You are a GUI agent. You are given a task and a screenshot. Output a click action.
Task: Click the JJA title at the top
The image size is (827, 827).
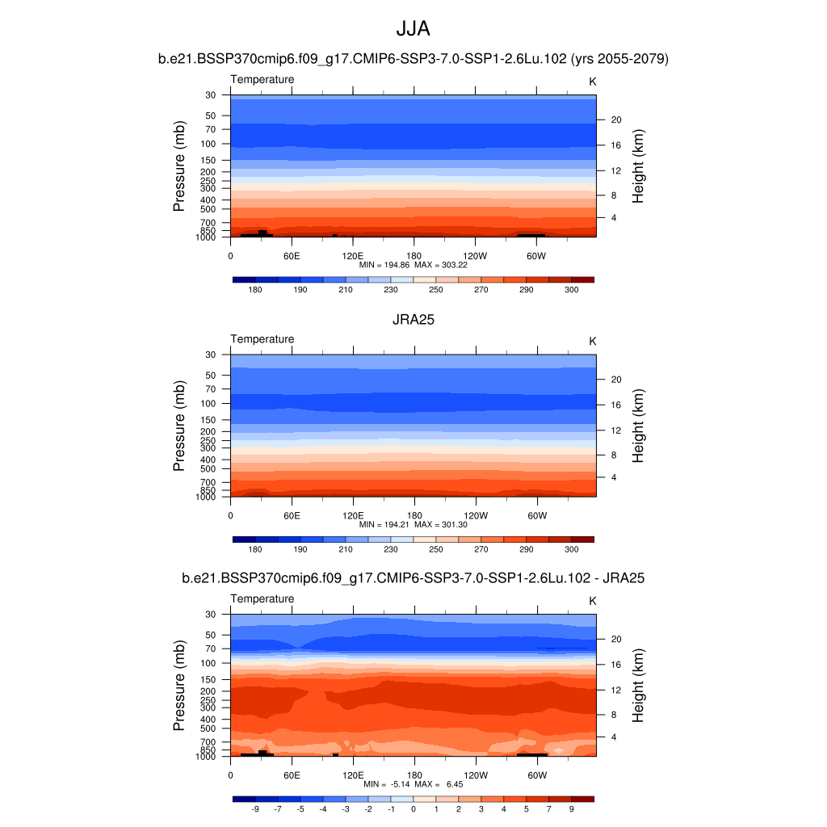click(413, 29)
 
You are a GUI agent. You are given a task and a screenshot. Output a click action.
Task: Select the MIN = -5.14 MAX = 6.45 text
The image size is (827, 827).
click(413, 784)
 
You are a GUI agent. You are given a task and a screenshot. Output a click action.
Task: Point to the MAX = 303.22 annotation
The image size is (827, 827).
click(443, 264)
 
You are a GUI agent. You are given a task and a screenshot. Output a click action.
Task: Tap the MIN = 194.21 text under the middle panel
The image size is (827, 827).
click(383, 524)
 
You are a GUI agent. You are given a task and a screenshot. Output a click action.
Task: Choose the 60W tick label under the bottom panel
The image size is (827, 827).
click(537, 775)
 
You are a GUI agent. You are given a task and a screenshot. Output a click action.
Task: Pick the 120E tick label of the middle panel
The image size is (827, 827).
click(353, 515)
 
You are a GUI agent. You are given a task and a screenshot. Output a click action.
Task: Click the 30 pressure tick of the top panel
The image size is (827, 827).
click(211, 95)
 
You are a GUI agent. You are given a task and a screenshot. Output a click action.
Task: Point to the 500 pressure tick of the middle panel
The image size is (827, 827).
click(208, 468)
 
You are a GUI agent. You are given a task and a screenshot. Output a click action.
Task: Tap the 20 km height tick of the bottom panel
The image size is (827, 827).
click(615, 639)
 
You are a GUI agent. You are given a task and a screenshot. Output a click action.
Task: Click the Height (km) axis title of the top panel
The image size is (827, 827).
click(638, 166)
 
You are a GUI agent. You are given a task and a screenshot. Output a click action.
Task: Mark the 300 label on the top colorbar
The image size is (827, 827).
click(571, 289)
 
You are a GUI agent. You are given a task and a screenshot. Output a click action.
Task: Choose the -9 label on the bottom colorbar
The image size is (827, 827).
click(255, 808)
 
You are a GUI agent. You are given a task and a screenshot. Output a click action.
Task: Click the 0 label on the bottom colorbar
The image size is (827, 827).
click(413, 808)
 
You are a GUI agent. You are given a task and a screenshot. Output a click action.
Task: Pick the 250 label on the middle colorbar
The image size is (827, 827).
click(436, 549)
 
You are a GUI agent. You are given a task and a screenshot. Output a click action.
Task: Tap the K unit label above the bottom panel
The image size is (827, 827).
click(593, 601)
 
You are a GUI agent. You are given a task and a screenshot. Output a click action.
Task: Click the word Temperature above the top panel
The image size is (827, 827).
click(262, 79)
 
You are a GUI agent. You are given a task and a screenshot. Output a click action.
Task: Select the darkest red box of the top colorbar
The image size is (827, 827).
click(582, 279)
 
